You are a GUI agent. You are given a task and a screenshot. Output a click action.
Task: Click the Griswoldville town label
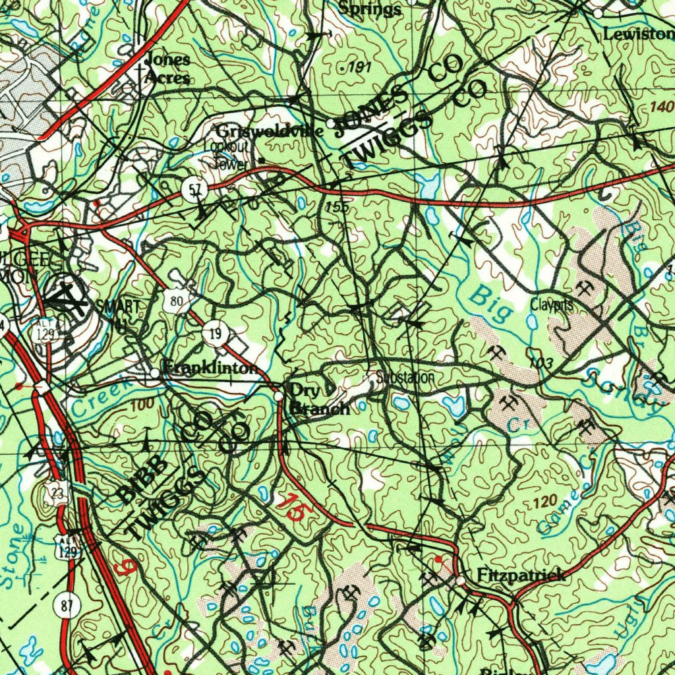click(269, 131)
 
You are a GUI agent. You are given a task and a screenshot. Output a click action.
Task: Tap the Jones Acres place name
click(167, 68)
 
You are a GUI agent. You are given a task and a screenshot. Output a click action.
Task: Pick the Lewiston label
click(638, 34)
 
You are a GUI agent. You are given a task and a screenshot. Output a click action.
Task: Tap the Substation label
click(405, 378)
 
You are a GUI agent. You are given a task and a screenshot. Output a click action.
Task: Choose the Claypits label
click(552, 305)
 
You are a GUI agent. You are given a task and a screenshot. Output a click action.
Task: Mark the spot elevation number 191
click(360, 68)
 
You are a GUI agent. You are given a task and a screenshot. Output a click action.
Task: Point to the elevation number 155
click(337, 208)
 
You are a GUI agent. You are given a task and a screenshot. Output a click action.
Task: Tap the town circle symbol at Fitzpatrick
click(460, 581)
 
